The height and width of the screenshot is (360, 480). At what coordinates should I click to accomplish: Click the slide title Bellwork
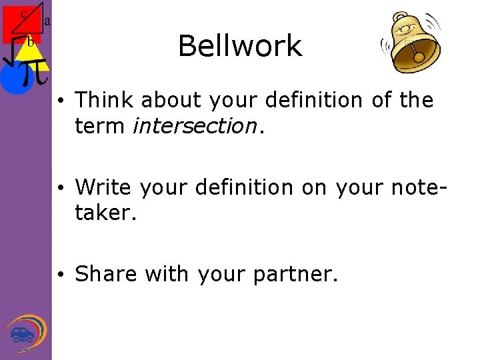click(x=240, y=46)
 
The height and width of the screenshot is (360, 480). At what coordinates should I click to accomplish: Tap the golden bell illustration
click(x=409, y=43)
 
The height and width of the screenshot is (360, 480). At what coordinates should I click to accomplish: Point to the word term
click(x=100, y=125)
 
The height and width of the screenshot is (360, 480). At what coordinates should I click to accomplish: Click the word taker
click(x=103, y=213)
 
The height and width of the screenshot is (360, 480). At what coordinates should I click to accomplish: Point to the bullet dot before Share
click(x=61, y=275)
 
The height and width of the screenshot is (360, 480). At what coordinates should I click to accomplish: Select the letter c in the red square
click(x=23, y=13)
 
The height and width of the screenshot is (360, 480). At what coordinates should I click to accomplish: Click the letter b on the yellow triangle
click(x=30, y=42)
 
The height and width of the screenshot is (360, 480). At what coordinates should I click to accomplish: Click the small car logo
click(x=22, y=333)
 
